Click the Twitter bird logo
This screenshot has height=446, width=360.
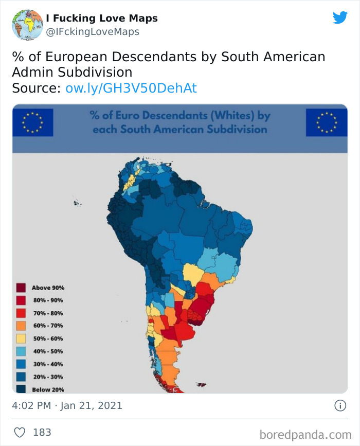click(x=340, y=17)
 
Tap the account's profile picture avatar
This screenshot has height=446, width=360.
click(x=27, y=25)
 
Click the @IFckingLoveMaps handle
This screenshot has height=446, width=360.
click(x=92, y=32)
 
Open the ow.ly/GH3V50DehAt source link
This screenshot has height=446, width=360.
click(x=131, y=88)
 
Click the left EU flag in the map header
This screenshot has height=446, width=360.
click(x=32, y=122)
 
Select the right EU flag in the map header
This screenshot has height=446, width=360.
click(x=326, y=122)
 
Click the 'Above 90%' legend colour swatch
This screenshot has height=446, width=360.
click(x=21, y=288)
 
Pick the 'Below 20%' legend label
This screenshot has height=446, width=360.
click(x=48, y=389)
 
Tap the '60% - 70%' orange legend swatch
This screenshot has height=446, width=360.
click(x=21, y=326)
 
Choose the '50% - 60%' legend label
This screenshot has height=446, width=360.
click(x=48, y=338)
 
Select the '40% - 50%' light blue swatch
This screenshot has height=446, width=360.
click(x=21, y=351)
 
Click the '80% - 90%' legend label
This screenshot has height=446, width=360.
click(x=48, y=300)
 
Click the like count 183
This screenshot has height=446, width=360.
click(x=42, y=433)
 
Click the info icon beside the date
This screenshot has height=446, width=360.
click(x=340, y=406)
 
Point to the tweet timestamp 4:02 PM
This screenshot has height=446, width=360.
click(x=31, y=406)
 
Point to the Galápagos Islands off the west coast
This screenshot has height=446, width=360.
click(x=77, y=203)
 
